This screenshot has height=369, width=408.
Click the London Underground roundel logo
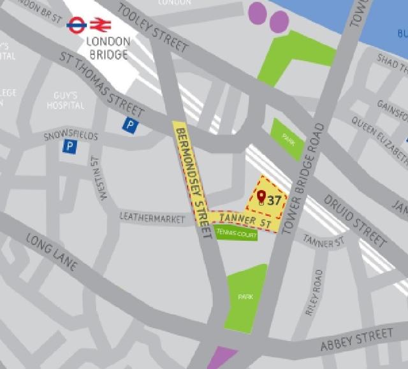click(x=77, y=25)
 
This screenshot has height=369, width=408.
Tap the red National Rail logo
click(x=101, y=25)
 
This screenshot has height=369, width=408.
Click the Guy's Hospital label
click(x=66, y=100)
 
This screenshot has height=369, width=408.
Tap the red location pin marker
click(x=261, y=198)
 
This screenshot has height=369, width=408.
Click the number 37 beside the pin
click(x=274, y=200)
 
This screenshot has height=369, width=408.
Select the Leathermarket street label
click(x=152, y=218)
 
